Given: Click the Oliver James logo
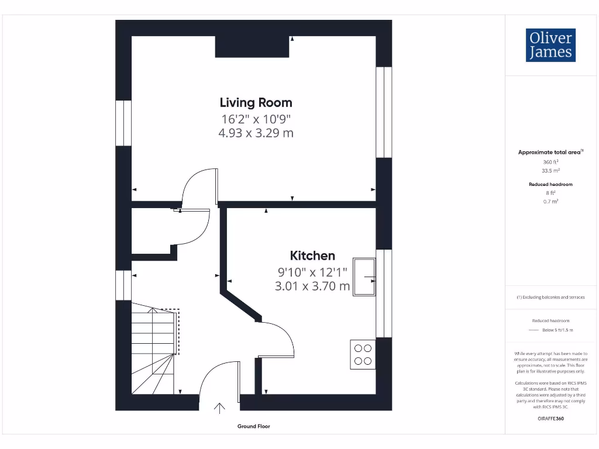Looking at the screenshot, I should (550, 45).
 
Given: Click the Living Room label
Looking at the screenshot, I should (256, 103).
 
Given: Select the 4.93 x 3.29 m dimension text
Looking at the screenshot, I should (256, 133).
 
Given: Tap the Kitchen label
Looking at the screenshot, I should (312, 255).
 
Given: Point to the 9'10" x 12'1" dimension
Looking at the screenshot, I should (312, 271).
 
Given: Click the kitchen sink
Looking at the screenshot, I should (365, 277).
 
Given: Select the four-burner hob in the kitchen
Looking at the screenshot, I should (363, 354).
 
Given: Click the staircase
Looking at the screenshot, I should (153, 351).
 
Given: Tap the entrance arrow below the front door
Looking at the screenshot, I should (220, 408).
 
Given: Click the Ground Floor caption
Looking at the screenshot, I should (254, 426).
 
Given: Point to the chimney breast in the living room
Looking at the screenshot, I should (252, 47).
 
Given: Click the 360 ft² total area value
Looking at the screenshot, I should (550, 162).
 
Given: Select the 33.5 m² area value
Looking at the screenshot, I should (550, 171).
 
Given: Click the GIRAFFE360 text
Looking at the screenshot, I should (550, 419).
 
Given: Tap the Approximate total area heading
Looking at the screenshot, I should (550, 152).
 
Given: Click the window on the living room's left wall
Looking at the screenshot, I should (123, 123).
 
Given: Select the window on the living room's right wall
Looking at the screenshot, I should (383, 112).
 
